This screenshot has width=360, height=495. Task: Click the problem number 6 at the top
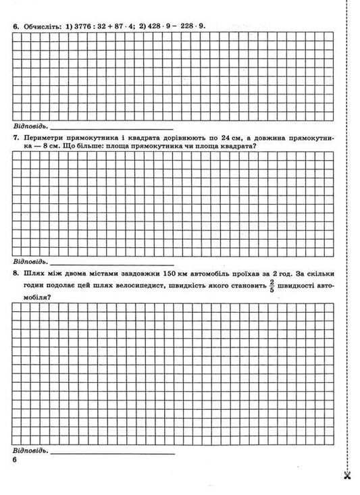coord(15,26)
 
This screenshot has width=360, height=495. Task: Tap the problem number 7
coord(15,136)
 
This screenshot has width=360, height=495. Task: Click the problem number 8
coord(15,274)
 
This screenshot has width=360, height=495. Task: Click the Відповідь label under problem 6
coord(30,126)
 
